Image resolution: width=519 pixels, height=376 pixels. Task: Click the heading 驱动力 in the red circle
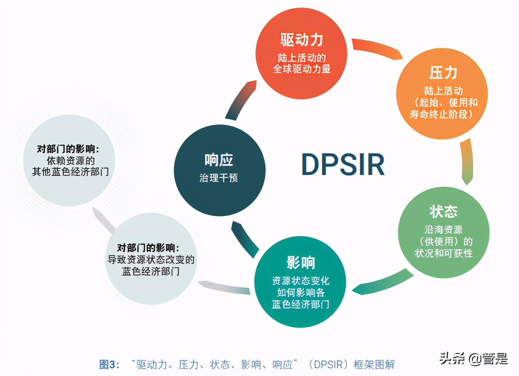(302, 40)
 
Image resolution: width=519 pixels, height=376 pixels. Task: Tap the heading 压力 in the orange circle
(443, 73)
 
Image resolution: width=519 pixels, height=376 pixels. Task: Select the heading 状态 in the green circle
(444, 212)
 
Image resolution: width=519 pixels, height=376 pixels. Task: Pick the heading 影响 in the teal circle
(300, 263)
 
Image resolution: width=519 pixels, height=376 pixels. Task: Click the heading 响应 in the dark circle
(219, 160)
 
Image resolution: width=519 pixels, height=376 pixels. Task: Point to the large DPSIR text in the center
(343, 164)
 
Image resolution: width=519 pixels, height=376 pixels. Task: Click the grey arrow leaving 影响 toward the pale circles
(224, 288)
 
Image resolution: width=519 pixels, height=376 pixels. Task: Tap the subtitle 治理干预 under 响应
(219, 178)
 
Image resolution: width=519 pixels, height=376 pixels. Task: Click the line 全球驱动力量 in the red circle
(302, 69)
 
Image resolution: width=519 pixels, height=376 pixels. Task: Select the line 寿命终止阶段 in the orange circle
(441, 114)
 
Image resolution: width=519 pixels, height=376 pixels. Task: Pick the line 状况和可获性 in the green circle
(444, 254)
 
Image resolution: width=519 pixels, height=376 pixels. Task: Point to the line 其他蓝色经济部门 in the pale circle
(70, 172)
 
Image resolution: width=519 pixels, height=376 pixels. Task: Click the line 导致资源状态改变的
(151, 260)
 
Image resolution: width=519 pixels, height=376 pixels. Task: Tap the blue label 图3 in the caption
(108, 365)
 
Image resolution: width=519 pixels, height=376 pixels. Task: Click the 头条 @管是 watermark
(473, 358)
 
